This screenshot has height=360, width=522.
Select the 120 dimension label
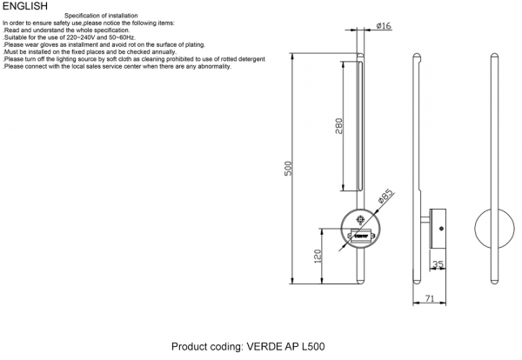tap(319, 256)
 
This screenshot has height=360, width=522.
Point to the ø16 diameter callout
tap(385, 27)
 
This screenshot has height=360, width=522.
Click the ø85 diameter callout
tap(385, 197)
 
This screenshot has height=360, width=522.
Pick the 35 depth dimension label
tap(438, 265)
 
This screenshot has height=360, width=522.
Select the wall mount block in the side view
tap(438, 228)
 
